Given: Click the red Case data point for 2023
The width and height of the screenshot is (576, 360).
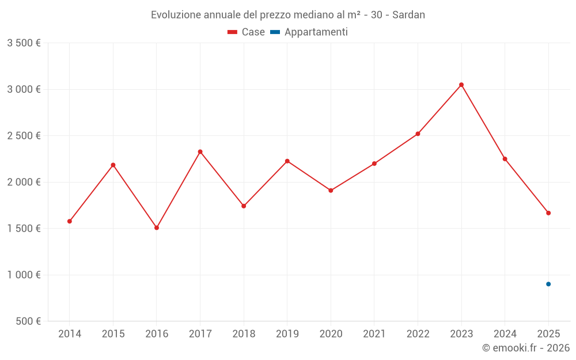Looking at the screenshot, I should (x=461, y=85).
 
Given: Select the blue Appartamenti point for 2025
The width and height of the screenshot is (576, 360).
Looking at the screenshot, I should (x=548, y=284).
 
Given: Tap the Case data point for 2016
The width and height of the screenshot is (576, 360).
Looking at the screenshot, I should (x=157, y=228).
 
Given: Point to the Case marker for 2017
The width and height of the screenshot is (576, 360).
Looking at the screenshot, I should (x=200, y=151).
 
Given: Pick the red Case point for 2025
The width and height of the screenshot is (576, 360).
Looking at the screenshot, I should (x=548, y=213).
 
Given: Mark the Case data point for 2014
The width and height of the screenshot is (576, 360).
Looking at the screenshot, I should (x=70, y=221).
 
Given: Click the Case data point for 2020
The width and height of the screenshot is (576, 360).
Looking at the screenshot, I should (x=331, y=190).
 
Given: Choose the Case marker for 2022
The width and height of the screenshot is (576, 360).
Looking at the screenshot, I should (x=418, y=134).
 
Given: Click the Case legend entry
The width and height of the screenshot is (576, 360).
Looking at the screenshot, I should (x=247, y=32).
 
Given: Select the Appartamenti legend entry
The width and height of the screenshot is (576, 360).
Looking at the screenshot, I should (x=309, y=32).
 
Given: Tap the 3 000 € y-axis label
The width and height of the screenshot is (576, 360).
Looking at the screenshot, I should (x=24, y=89).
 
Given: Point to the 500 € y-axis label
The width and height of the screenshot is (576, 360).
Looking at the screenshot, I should (x=27, y=321).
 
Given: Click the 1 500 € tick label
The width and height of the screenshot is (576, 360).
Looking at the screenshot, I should (x=24, y=229).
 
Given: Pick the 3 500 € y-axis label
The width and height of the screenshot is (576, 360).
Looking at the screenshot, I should (x=24, y=43).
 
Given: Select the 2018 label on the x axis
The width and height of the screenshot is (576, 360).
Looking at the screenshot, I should (x=244, y=334).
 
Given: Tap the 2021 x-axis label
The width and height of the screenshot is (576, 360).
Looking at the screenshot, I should (x=374, y=334).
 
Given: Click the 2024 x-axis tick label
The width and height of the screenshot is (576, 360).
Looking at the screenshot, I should (x=505, y=334).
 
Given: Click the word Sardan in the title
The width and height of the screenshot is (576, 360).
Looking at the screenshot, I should (x=408, y=15).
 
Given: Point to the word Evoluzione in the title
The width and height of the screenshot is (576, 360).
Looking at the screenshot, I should (x=176, y=15).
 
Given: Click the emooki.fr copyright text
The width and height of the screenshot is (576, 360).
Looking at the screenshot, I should (x=526, y=348).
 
